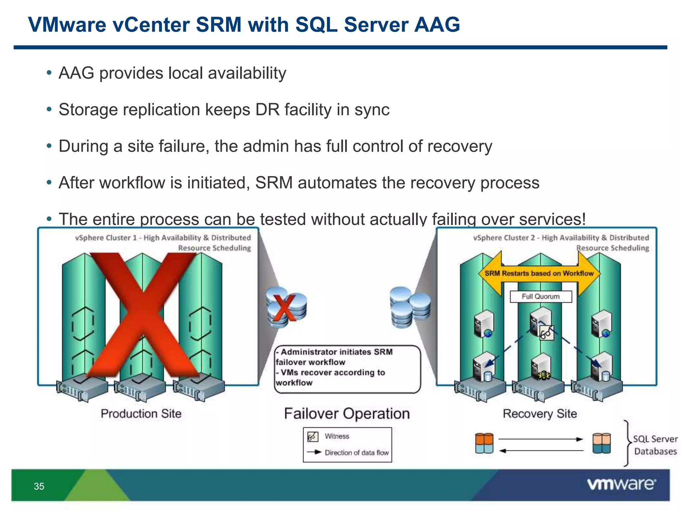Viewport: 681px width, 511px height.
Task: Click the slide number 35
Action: click(x=39, y=486)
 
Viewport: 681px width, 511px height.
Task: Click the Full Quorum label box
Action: click(x=541, y=296)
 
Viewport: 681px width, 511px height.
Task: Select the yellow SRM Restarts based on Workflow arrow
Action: click(x=539, y=273)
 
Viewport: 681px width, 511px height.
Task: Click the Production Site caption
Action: click(x=141, y=414)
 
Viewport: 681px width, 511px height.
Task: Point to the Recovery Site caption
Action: click(x=540, y=414)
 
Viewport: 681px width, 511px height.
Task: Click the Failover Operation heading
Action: click(x=347, y=414)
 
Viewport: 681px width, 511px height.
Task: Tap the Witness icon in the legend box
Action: click(x=313, y=436)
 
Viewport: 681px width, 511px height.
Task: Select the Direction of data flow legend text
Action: click(x=356, y=452)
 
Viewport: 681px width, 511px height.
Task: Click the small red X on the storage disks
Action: click(x=283, y=308)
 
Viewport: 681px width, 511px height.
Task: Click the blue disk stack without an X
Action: click(x=410, y=307)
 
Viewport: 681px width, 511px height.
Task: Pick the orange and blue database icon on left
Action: click(x=484, y=443)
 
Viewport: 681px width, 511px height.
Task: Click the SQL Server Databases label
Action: click(x=655, y=445)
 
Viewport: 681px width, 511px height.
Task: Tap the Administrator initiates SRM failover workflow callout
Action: click(x=347, y=368)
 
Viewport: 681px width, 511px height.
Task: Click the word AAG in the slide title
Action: click(x=437, y=25)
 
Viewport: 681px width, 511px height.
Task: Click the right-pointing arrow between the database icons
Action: click(x=541, y=439)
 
